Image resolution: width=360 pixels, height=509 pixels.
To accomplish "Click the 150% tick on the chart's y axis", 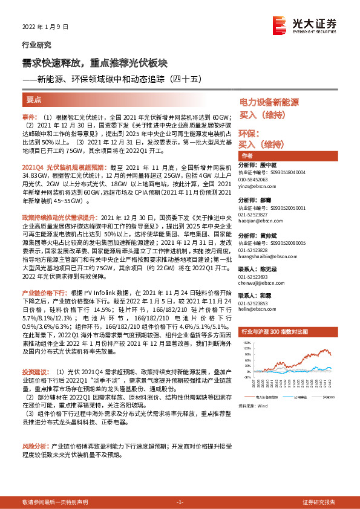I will [246, 342].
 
